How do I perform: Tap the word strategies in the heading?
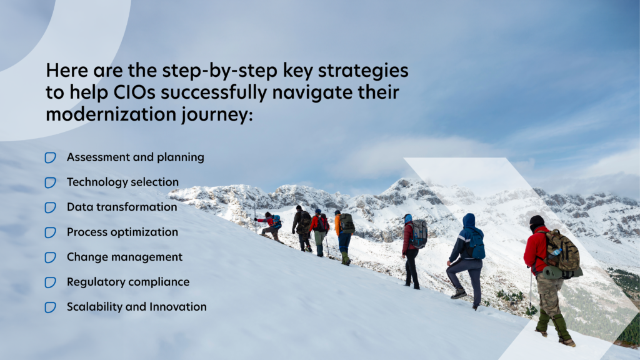click(363, 71)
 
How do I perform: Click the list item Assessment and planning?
click(136, 157)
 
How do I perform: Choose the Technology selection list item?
click(123, 182)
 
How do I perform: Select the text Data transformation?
click(122, 207)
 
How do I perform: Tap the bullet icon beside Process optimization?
click(50, 232)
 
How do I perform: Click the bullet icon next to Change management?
click(50, 257)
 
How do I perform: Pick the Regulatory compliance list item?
click(128, 282)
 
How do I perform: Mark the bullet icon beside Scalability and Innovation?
click(50, 307)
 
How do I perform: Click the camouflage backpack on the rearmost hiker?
click(562, 251)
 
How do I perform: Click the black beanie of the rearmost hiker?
click(536, 221)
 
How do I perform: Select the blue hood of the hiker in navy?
click(469, 221)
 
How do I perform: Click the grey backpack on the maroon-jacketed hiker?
click(419, 234)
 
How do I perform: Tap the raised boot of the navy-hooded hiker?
click(458, 294)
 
